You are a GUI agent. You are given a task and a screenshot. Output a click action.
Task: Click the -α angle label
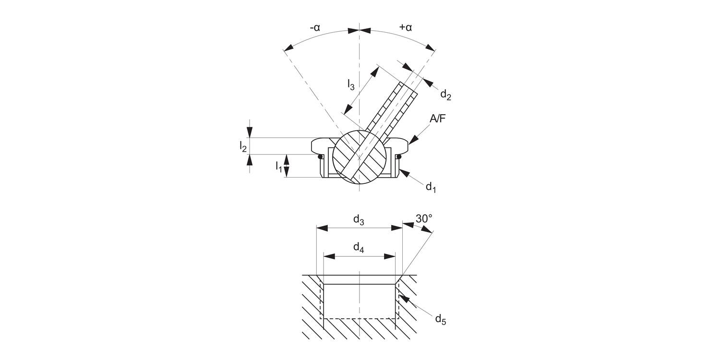click(315, 27)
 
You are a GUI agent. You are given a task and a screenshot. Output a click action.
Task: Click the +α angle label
click(406, 27)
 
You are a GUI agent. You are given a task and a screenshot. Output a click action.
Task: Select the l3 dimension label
click(351, 85)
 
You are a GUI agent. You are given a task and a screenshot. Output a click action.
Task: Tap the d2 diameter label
click(445, 95)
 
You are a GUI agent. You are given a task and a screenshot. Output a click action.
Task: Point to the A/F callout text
click(437, 119)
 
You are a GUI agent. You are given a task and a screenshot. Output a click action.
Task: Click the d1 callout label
click(431, 187)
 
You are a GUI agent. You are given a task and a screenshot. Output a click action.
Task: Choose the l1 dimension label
click(278, 167)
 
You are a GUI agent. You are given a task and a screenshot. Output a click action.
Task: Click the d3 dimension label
click(359, 220)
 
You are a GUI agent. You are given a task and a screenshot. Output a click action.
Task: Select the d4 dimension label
click(359, 248)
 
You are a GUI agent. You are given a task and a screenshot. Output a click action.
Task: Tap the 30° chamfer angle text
click(424, 218)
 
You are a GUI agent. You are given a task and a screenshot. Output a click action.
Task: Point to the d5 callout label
click(440, 319)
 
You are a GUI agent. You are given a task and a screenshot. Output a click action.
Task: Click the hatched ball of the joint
click(360, 156)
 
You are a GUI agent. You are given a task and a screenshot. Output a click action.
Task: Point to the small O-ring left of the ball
click(320, 156)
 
